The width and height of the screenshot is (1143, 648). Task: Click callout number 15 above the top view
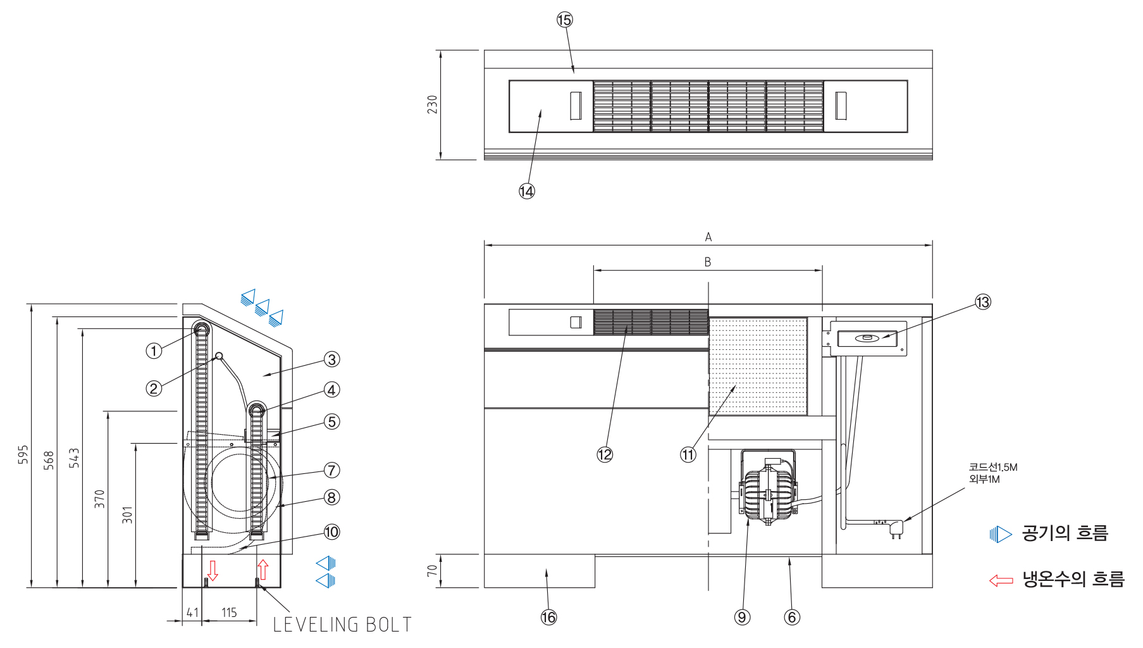[564, 20]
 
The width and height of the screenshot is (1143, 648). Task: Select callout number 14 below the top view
[527, 191]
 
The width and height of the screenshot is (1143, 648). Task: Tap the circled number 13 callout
[982, 302]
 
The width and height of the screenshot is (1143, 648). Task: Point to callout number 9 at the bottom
[742, 617]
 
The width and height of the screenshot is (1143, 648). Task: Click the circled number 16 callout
[548, 617]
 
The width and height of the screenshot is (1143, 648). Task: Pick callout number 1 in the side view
[154, 351]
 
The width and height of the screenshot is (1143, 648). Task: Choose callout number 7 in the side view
[331, 470]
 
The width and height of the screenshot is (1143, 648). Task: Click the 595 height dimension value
[23, 454]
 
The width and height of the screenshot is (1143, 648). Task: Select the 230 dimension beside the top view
[432, 104]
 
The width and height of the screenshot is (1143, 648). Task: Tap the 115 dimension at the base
[229, 613]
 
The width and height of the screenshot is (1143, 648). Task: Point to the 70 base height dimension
[432, 570]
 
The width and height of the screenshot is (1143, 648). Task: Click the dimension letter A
[708, 237]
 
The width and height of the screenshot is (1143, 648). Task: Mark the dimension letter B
[708, 262]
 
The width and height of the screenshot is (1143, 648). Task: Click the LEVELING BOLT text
[342, 625]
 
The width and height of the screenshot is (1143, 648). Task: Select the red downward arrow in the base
[213, 570]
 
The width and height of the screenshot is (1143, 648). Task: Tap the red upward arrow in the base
[263, 569]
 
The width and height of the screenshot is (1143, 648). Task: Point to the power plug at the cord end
[896, 528]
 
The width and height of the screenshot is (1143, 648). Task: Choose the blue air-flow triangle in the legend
[1001, 534]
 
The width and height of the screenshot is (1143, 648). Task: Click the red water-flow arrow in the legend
[1001, 580]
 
